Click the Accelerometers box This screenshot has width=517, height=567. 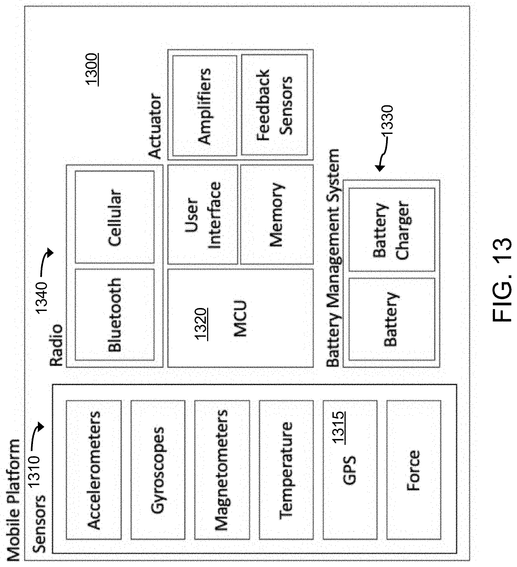point(94,470)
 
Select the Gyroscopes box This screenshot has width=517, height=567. point(158,470)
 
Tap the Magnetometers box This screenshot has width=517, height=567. point(222,470)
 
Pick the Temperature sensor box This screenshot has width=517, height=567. point(286,470)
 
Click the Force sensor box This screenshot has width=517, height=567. point(414,470)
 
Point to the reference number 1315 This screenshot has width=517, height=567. point(338,427)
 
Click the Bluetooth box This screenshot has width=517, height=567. point(115,315)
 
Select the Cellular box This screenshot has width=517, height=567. point(115,217)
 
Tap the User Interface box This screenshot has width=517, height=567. point(203,215)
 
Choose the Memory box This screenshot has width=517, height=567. point(277,215)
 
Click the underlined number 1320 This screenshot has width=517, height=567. point(202,324)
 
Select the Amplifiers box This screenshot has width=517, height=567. point(204,106)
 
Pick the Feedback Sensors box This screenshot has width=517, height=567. point(274,105)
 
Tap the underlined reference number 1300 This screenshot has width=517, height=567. point(92,69)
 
